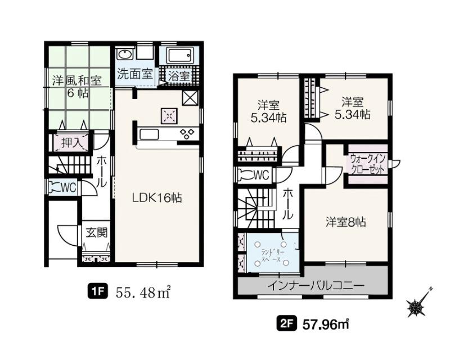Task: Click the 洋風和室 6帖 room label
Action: [x=77, y=87]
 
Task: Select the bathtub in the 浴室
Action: [x=179, y=56]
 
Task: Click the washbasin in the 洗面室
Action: [x=124, y=55]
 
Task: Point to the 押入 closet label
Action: [x=71, y=142]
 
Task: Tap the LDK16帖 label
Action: [x=157, y=197]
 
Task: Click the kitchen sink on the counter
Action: [x=148, y=134]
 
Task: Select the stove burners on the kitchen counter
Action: [x=187, y=134]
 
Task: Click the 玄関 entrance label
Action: [x=97, y=232]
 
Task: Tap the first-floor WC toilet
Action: [x=55, y=187]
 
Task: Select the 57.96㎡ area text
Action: [x=326, y=325]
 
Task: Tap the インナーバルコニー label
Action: [x=316, y=285]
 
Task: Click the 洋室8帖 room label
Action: [x=345, y=222]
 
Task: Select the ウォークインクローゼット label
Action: [x=367, y=164]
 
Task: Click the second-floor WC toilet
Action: [x=245, y=175]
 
